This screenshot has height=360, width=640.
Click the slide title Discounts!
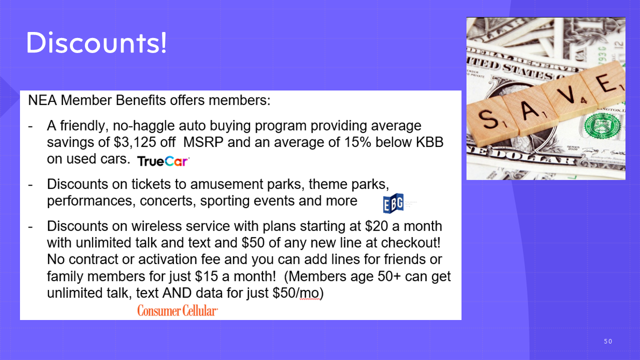[x=96, y=42]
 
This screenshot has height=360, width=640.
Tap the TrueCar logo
[x=163, y=161]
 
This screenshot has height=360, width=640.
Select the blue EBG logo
[x=393, y=203]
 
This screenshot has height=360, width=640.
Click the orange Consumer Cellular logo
[x=177, y=310]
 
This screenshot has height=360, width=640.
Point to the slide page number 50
[x=608, y=341]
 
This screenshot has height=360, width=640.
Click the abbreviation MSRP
[x=203, y=142]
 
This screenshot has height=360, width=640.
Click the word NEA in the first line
[x=42, y=100]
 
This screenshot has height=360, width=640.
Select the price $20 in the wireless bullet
[x=376, y=226]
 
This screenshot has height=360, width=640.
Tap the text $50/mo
[x=296, y=293]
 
